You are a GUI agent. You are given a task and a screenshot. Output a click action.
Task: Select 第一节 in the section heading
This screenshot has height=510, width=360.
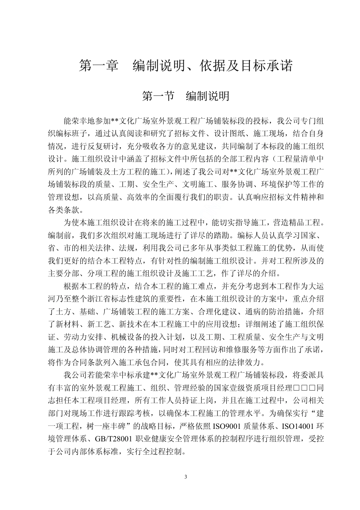tap(158, 96)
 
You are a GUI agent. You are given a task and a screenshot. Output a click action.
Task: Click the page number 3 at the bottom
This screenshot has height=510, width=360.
tap(185, 477)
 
